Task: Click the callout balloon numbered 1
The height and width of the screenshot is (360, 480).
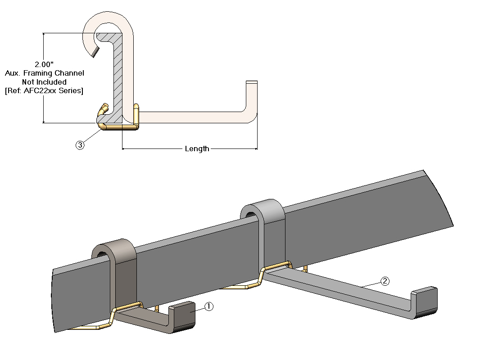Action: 208,306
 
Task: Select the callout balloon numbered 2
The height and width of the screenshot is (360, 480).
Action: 385,281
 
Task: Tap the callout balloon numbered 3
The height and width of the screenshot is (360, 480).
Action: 80,145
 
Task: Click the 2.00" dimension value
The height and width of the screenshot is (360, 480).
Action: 44,64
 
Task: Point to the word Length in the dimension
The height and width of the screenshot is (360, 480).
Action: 197,148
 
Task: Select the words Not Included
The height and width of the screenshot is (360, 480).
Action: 44,82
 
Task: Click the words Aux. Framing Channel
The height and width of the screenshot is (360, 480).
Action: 44,73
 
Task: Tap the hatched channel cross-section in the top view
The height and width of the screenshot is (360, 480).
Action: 117,76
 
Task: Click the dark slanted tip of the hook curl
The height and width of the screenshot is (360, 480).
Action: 93,53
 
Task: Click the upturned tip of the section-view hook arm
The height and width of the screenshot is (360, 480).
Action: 251,94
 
